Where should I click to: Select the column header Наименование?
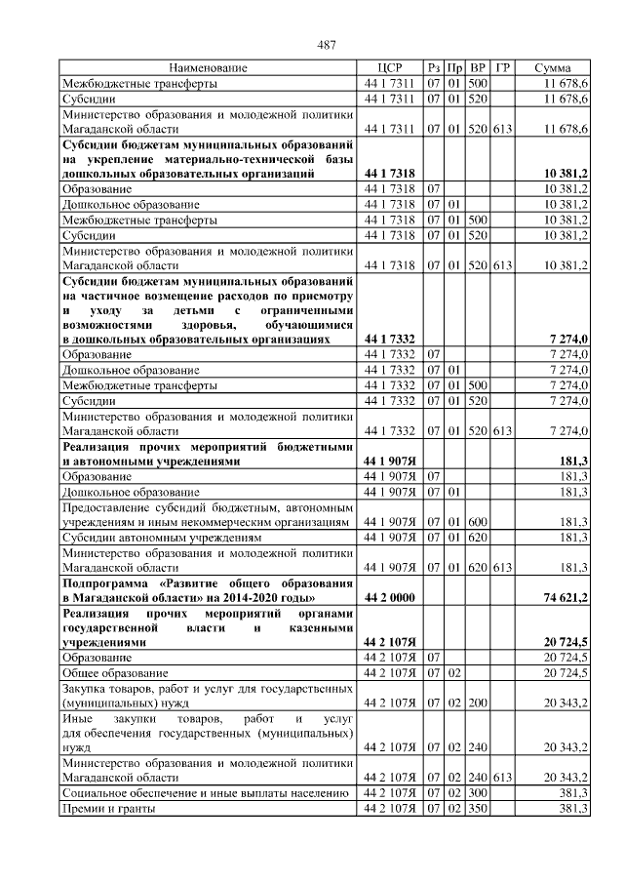click(x=208, y=68)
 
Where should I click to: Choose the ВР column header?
click(x=478, y=68)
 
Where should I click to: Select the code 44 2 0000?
click(x=388, y=596)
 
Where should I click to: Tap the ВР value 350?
click(x=478, y=809)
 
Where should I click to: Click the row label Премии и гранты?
click(x=103, y=809)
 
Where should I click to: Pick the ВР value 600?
click(x=478, y=522)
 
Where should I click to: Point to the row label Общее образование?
click(x=118, y=674)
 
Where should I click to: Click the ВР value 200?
click(x=478, y=702)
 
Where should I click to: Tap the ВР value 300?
click(x=478, y=794)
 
